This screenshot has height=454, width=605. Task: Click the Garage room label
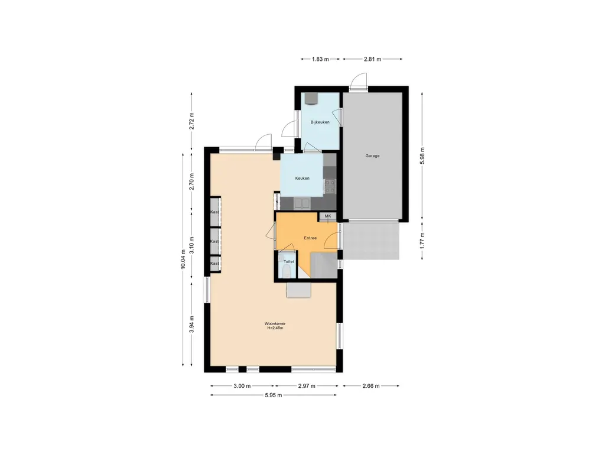tap(372, 156)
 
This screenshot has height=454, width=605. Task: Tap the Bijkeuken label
tap(320, 122)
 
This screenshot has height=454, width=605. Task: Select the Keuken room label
tap(302, 178)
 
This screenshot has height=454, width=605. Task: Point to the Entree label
tap(310, 238)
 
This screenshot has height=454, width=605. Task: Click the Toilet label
tap(288, 261)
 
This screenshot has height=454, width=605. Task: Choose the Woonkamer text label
tap(275, 324)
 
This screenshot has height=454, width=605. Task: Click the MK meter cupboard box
tap(328, 217)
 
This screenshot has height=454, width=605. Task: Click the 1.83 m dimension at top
tap(319, 59)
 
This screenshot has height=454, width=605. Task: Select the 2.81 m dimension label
tap(372, 59)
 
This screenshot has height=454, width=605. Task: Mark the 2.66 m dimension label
tap(371, 385)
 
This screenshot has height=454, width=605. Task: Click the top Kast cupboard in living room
tap(215, 212)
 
